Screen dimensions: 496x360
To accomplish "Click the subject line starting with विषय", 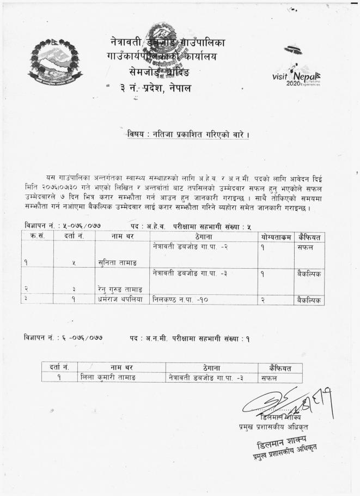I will pyautogui.click(x=187, y=134).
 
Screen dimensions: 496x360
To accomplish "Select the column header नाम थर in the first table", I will pyautogui.click(x=121, y=237).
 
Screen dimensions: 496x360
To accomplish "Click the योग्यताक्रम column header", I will pyautogui.click(x=276, y=237).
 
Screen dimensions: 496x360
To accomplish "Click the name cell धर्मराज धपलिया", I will pyautogui.click(x=120, y=299).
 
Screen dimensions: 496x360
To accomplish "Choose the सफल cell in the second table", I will pyautogui.click(x=269, y=377).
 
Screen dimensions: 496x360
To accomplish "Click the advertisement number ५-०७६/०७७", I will pyautogui.click(x=81, y=226).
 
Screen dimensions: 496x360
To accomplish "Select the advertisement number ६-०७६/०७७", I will pyautogui.click(x=81, y=338).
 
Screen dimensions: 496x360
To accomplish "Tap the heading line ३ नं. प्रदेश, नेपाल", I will pyautogui.click(x=156, y=88).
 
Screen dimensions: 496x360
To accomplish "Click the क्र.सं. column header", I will pyautogui.click(x=38, y=237).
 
